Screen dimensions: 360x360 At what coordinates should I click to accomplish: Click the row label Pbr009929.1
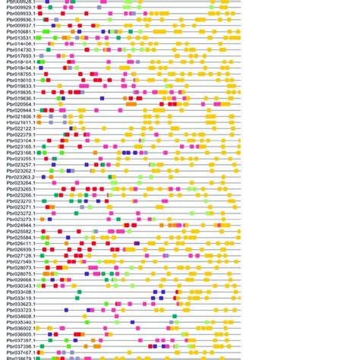[19, 8]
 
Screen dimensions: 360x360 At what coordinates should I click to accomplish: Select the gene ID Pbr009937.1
[19, 25]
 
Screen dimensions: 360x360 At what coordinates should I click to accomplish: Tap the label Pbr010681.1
[19, 31]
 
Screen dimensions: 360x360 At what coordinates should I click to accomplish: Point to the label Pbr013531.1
[19, 37]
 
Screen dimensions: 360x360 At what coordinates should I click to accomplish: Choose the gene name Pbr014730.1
[19, 49]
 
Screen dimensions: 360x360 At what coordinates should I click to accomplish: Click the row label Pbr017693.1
[19, 55]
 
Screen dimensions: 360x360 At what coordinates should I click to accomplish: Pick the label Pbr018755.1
[19, 74]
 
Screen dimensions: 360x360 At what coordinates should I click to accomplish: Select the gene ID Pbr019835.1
[19, 92]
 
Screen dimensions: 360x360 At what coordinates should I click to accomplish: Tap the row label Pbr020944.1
[19, 110]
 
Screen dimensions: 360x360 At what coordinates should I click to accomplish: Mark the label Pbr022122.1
[19, 128]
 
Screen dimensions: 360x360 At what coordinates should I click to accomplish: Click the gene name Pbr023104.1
[19, 141]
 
